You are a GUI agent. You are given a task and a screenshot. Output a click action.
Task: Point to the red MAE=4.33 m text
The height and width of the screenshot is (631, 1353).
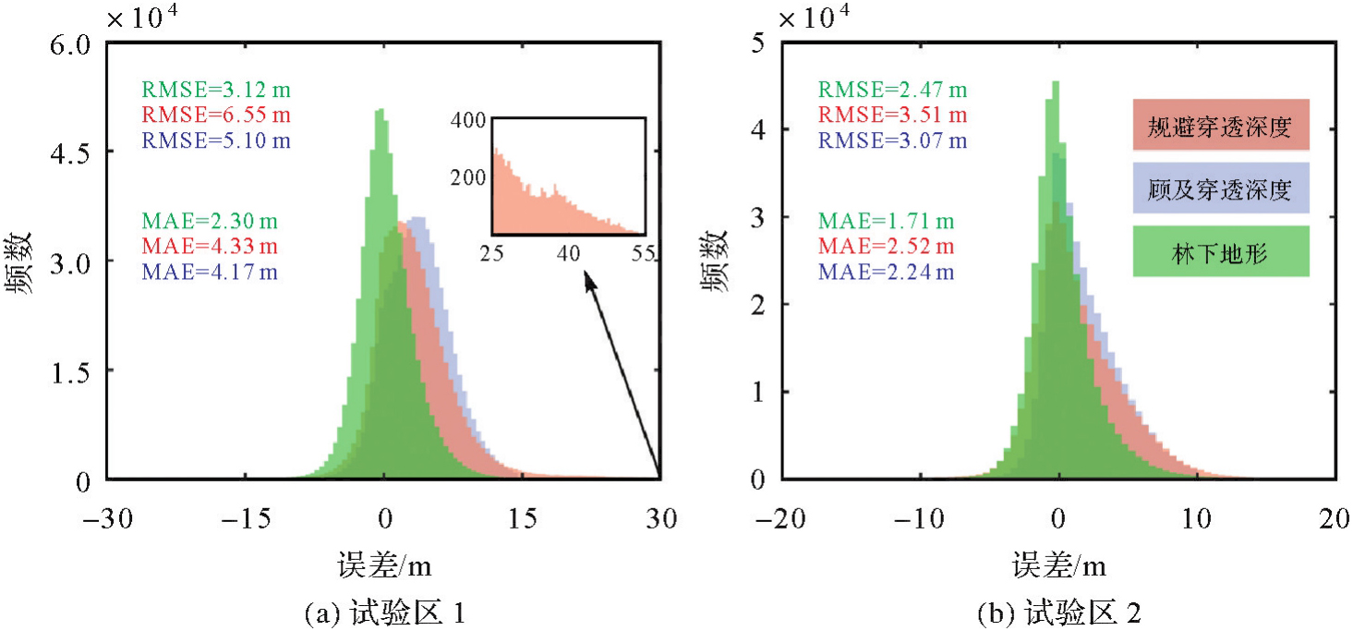click(209, 247)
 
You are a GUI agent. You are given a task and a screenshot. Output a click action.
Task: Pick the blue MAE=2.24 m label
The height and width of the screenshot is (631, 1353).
click(885, 272)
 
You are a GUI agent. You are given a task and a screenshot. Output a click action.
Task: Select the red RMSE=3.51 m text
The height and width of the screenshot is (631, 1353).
click(892, 115)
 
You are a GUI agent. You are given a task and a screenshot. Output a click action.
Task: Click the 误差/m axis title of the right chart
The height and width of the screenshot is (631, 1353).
click(1058, 564)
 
